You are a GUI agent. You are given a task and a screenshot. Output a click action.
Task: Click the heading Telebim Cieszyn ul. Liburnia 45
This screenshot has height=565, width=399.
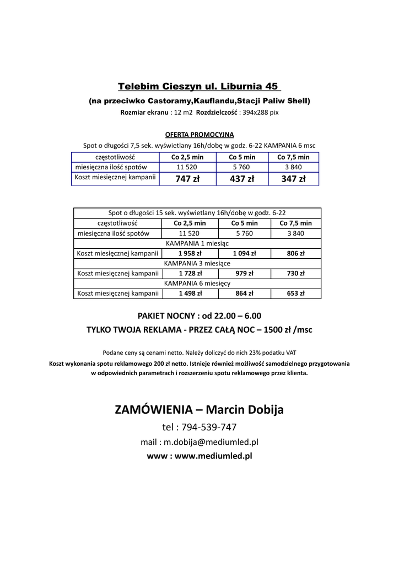click(x=199, y=87)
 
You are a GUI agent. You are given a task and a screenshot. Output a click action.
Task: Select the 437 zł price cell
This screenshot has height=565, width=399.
click(x=242, y=179)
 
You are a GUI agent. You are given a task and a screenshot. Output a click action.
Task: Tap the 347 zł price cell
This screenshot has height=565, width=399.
click(x=293, y=179)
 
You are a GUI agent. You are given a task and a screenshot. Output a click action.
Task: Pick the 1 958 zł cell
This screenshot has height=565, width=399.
click(x=190, y=253)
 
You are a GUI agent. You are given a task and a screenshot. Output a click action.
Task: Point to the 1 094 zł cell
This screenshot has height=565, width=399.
click(x=244, y=253)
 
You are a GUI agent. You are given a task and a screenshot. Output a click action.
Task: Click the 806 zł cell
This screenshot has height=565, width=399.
click(x=295, y=253)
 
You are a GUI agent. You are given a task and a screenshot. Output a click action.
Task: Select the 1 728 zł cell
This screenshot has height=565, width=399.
click(x=190, y=273)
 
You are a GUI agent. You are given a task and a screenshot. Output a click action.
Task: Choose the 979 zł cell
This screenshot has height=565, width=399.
click(x=244, y=273)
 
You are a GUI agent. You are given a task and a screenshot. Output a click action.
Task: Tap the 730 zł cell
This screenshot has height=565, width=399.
click(x=295, y=273)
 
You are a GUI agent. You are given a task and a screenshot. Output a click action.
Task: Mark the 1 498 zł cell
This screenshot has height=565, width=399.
click(x=190, y=294)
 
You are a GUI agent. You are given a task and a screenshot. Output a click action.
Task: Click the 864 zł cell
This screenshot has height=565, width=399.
click(x=244, y=294)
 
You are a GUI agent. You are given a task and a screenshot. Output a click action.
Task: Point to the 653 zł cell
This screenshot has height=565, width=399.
click(x=295, y=294)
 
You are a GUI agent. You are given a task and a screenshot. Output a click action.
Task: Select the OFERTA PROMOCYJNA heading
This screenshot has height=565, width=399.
click(x=199, y=134)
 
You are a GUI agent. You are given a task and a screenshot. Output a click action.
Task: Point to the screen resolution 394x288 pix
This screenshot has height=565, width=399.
click(x=261, y=113)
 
